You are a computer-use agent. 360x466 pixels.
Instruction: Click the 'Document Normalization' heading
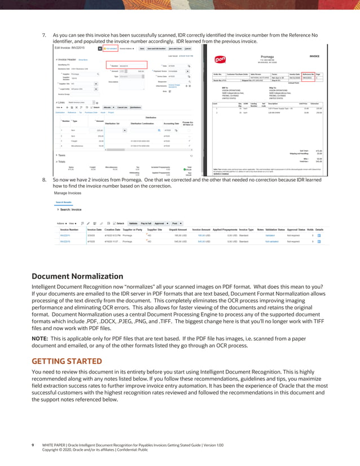[77, 276]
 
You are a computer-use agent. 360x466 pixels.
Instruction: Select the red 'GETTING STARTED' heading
[67, 361]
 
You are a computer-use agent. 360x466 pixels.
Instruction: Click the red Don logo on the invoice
[221, 58]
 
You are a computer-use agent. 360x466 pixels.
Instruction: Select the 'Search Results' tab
[63, 201]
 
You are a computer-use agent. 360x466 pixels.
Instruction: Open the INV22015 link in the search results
[65, 241]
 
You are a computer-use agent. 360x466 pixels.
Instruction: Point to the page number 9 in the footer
[32, 445]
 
